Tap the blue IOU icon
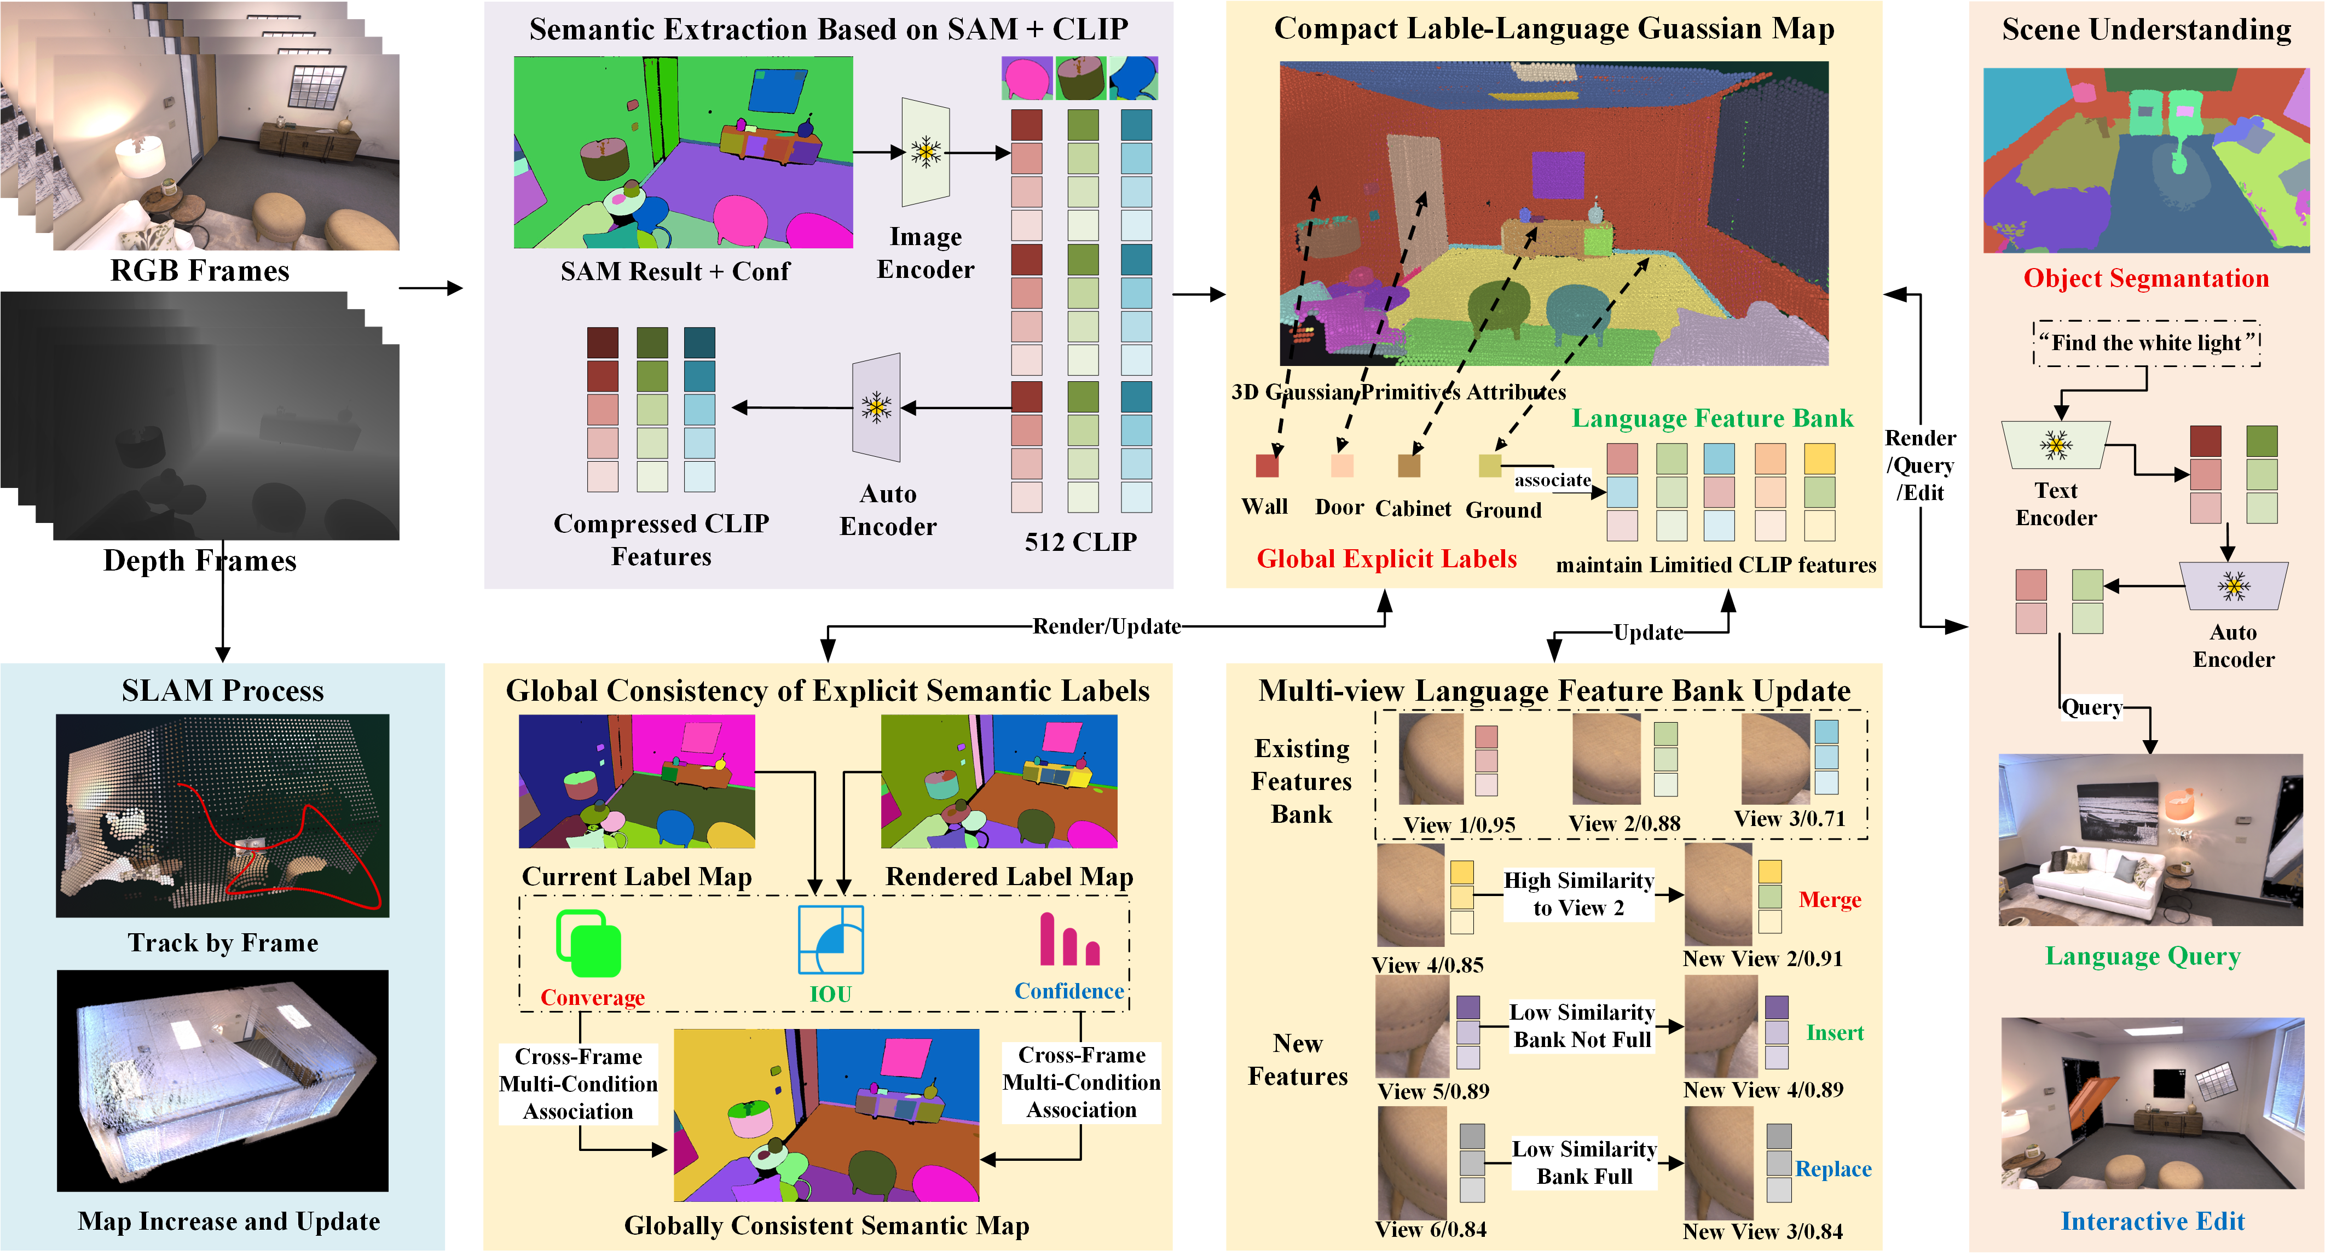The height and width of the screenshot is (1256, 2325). tap(830, 939)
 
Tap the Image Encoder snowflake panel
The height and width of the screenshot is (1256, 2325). tap(925, 153)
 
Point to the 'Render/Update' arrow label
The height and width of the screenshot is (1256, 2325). tap(1107, 626)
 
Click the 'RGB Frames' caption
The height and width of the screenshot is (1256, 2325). tap(199, 271)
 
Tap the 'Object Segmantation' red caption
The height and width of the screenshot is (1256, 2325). tap(2146, 278)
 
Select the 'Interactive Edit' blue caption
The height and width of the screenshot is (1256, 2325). tap(2153, 1221)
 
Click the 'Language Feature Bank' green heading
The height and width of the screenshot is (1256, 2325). tap(1712, 418)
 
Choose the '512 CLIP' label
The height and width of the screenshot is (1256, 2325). tap(1080, 542)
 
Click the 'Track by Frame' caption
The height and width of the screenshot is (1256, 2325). tap(223, 943)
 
